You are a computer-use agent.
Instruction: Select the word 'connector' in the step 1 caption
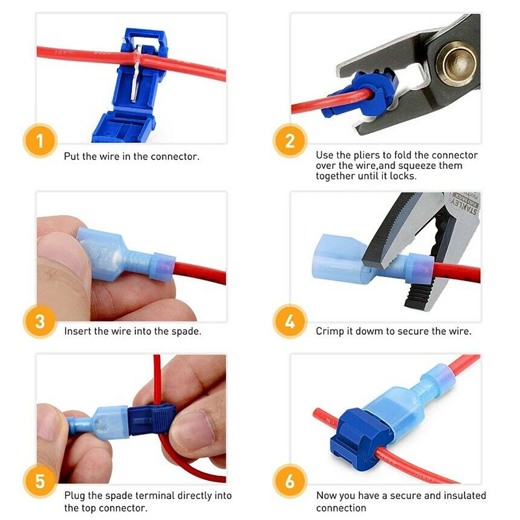175,157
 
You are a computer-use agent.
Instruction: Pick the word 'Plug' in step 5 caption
74,496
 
